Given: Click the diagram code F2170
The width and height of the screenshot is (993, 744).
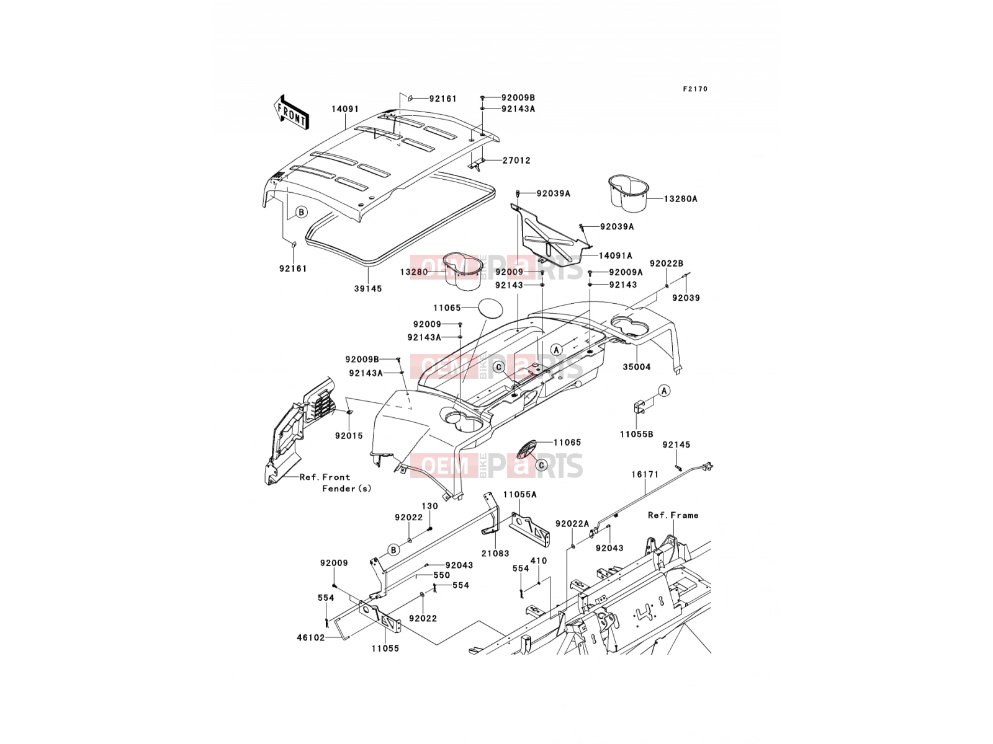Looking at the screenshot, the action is (x=695, y=89).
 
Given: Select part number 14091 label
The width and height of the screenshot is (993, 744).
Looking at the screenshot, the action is (x=345, y=109).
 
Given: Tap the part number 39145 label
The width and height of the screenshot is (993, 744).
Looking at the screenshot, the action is (x=368, y=288).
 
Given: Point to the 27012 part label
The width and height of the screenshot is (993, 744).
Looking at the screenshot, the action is (x=516, y=161).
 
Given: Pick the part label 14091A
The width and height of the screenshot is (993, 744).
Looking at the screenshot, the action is (x=615, y=255).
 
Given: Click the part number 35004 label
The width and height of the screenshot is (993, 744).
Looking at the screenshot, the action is (x=637, y=367).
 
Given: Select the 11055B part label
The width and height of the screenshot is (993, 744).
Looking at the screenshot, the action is (x=637, y=434).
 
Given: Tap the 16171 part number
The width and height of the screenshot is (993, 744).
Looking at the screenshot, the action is (x=645, y=474).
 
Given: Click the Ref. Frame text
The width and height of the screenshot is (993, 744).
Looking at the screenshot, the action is (x=673, y=515).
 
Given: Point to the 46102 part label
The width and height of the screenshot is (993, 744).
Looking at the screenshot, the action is (x=311, y=638).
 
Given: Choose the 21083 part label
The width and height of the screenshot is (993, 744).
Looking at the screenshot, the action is (x=495, y=554).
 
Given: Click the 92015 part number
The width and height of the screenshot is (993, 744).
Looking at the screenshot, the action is (x=349, y=436).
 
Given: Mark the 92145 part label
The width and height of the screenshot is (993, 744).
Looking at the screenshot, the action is (x=676, y=445).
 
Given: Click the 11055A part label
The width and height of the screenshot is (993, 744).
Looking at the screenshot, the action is (x=520, y=495).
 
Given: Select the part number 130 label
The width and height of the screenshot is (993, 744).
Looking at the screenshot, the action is (x=429, y=507).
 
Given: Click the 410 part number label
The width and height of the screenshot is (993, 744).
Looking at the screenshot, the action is (x=538, y=561).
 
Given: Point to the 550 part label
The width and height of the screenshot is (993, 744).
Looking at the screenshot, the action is (x=441, y=575).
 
